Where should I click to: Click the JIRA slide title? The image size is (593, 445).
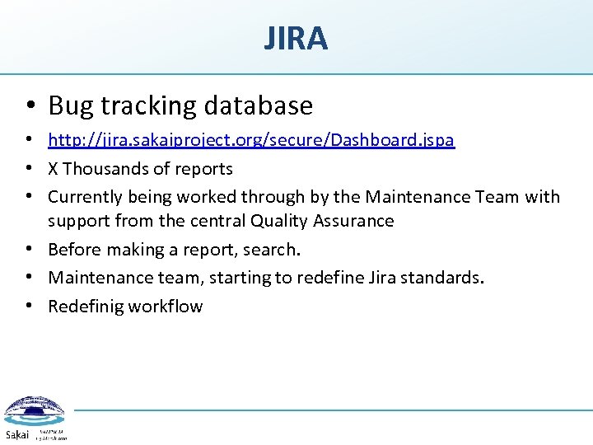click(x=296, y=39)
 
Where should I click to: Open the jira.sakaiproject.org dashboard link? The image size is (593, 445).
click(x=251, y=140)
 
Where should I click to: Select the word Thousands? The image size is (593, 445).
click(x=110, y=169)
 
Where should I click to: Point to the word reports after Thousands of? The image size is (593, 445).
click(x=207, y=169)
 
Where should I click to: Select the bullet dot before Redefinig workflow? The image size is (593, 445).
click(x=29, y=307)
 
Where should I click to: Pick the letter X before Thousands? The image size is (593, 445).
click(x=53, y=169)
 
